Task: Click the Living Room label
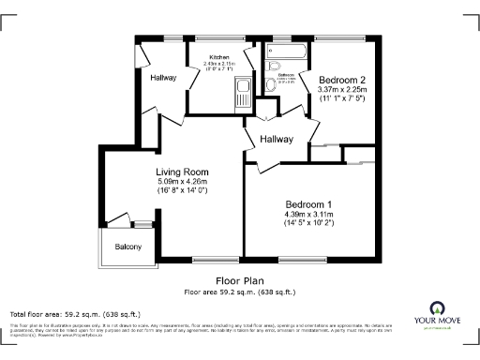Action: tap(182, 172)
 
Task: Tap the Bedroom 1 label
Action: tap(308, 204)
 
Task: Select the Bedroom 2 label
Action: tap(341, 81)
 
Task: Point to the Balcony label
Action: tap(128, 247)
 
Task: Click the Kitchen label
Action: tap(218, 57)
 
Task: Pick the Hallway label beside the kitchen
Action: tap(163, 78)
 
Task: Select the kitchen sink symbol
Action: tap(242, 91)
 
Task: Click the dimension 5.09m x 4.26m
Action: tap(182, 181)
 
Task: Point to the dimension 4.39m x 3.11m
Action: tap(308, 215)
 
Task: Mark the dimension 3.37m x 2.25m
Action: tap(341, 91)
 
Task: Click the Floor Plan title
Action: tap(240, 280)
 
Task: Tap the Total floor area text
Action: tap(75, 313)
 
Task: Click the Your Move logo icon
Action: tap(437, 307)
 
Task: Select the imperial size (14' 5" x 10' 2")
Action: tap(308, 224)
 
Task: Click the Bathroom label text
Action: tap(286, 74)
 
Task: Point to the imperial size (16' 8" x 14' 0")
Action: tap(182, 190)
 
